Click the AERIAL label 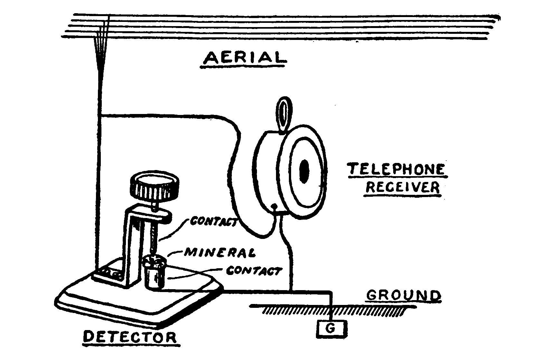pyautogui.click(x=243, y=58)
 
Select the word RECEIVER pyautogui.click(x=403, y=187)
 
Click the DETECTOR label pyautogui.click(x=130, y=337)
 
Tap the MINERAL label pyautogui.click(x=220, y=252)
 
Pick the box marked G pyautogui.click(x=331, y=329)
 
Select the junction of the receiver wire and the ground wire pyautogui.click(x=291, y=292)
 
